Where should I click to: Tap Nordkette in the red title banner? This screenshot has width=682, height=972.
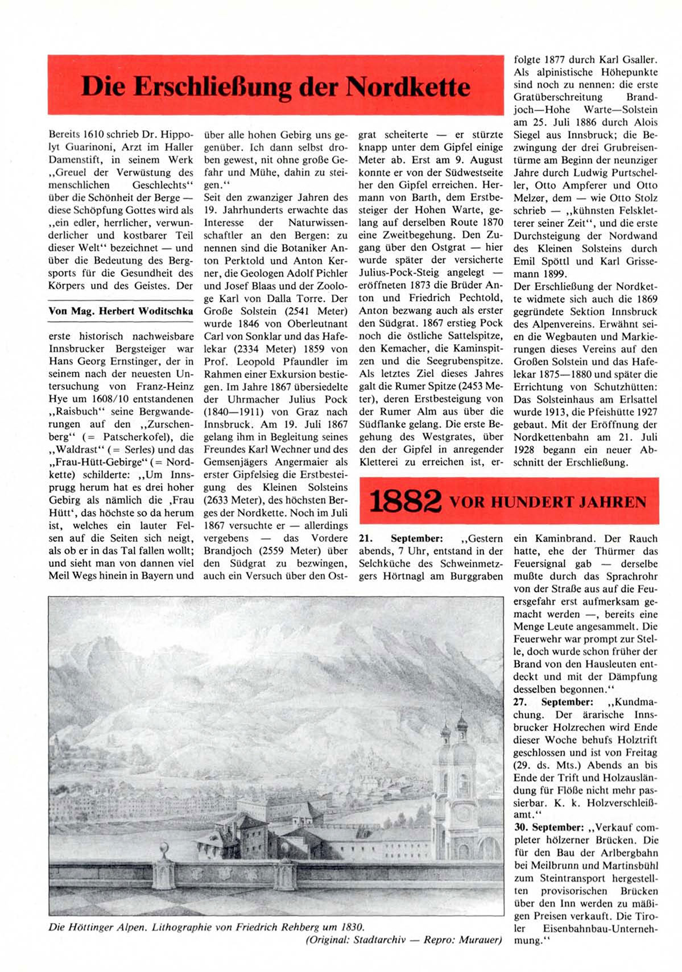point(408,86)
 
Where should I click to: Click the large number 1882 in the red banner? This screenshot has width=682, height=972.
point(405,502)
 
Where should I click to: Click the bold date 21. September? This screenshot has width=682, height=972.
point(401,539)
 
